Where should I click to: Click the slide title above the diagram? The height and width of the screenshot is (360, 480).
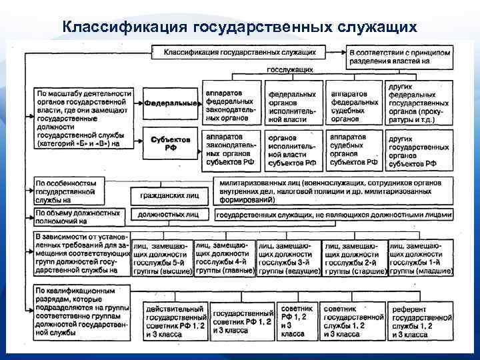point(239,27)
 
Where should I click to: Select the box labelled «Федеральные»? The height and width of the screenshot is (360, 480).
point(171,104)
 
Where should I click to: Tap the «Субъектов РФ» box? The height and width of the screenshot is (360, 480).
point(171,143)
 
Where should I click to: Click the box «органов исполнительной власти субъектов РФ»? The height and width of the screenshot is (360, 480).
point(293,149)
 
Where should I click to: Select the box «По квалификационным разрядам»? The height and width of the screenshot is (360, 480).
point(79,313)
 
